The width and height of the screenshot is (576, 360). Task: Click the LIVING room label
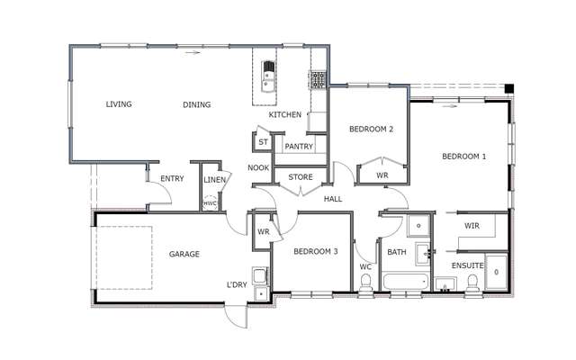tap(119, 104)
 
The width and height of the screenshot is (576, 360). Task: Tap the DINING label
tap(197, 104)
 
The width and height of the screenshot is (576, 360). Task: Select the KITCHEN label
tap(284, 115)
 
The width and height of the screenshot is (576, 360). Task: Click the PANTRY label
tap(298, 146)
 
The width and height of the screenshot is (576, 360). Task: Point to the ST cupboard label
tap(264, 142)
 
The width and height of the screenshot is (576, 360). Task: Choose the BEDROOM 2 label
tap(371, 130)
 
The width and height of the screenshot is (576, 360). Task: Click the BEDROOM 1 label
tap(463, 157)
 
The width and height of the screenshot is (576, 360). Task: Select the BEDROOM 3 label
tap(315, 252)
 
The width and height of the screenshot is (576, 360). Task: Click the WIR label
tap(472, 225)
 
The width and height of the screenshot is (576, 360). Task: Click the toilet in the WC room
tap(365, 284)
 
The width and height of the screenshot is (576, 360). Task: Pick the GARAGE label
tap(184, 255)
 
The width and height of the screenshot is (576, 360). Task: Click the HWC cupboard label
tap(210, 203)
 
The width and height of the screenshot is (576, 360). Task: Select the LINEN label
tap(214, 179)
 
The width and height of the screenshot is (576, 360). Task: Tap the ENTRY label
tap(172, 178)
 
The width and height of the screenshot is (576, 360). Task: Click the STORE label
tap(300, 177)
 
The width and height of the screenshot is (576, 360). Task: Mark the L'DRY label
tap(237, 285)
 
